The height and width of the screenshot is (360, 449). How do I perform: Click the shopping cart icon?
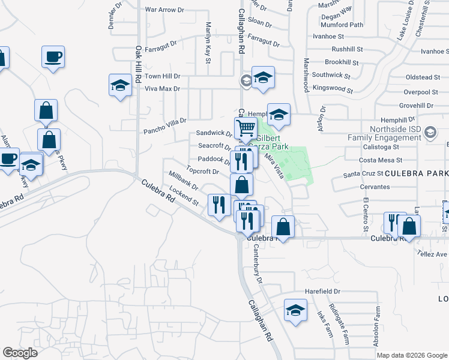click(x=246, y=128)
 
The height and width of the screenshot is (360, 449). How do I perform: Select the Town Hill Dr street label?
click(x=162, y=77)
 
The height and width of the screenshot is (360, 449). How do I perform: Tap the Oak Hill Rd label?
click(x=137, y=64)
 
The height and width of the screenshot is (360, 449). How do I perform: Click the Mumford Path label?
click(x=342, y=25)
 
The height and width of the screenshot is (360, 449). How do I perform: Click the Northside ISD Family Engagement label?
click(x=384, y=133)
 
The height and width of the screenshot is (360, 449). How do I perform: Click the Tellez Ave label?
click(x=433, y=254)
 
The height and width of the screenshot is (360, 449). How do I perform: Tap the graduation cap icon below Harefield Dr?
click(x=295, y=311)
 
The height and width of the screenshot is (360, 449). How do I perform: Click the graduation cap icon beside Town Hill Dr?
click(x=120, y=86)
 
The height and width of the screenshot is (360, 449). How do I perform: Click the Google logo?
click(x=20, y=353)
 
